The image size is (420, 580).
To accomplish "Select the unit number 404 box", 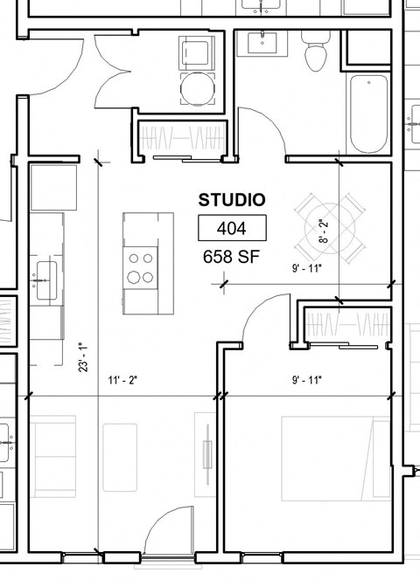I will [232, 229].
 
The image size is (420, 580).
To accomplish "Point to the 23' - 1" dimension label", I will [83, 356].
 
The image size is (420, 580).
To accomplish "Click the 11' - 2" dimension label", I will [122, 380].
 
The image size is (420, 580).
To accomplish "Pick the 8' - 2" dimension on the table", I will [323, 229].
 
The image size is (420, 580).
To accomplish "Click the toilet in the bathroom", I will [315, 54].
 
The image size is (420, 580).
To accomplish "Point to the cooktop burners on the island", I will [139, 266].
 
